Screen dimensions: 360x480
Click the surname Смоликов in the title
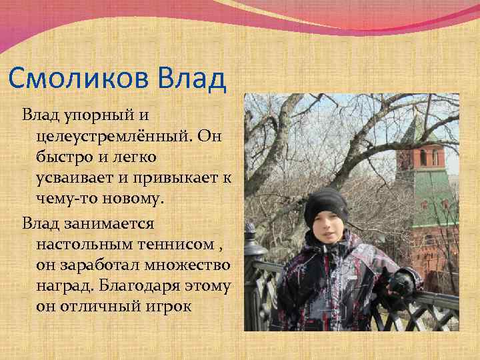pos(80,79)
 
